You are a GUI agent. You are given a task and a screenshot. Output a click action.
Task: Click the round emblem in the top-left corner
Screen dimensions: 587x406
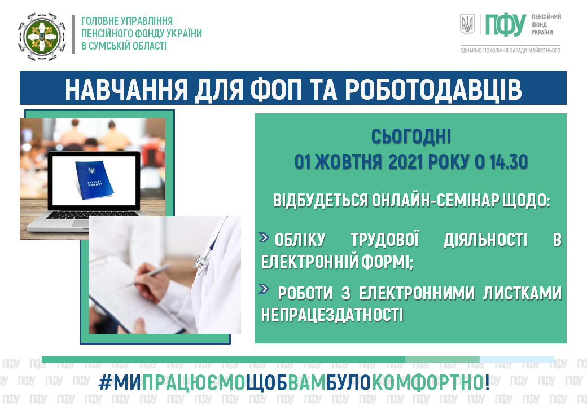pyautogui.click(x=42, y=37)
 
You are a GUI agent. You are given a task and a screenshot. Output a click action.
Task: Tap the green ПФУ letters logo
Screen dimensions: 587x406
pyautogui.click(x=505, y=25)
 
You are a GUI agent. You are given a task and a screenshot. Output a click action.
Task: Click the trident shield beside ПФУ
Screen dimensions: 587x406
pyautogui.click(x=467, y=24)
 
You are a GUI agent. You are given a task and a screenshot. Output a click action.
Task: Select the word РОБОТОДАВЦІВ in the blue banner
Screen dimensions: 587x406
pyautogui.click(x=433, y=89)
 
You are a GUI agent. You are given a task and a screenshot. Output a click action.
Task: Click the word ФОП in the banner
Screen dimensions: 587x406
pyautogui.click(x=275, y=89)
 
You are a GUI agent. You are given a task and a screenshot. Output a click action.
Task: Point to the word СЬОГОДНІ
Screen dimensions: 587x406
pyautogui.click(x=411, y=137)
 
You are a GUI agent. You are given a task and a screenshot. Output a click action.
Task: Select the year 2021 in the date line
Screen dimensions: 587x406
pyautogui.click(x=406, y=162)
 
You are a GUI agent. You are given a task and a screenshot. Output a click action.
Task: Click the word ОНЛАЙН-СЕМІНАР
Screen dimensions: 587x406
pyautogui.click(x=435, y=201)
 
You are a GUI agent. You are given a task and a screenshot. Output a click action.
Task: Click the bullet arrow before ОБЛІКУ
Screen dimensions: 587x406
pyautogui.click(x=264, y=237)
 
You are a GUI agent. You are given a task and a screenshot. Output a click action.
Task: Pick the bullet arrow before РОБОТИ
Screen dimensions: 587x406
pyautogui.click(x=264, y=289)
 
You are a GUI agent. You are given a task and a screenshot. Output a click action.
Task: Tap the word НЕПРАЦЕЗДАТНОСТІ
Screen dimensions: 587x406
pyautogui.click(x=332, y=315)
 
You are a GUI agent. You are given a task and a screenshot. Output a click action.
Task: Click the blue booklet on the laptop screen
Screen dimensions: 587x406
pyautogui.click(x=94, y=179)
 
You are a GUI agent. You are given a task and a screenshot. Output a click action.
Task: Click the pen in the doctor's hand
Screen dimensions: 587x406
pyautogui.click(x=150, y=275)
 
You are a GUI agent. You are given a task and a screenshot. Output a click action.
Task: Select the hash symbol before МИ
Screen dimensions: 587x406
pyautogui.click(x=105, y=383)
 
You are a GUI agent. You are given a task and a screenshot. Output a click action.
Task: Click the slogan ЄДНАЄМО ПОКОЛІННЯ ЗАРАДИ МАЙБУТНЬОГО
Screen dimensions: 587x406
pyautogui.click(x=510, y=51)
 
